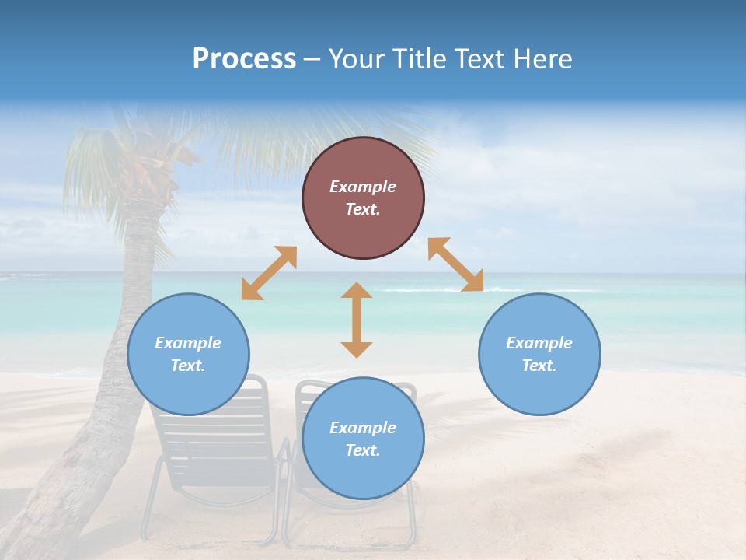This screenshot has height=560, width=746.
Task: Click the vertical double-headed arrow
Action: [357, 320]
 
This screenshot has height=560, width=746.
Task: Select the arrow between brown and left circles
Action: [269, 273]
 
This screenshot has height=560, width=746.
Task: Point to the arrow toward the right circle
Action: [455, 264]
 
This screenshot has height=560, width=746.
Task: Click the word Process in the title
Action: [244, 58]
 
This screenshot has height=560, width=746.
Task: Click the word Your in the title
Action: [356, 58]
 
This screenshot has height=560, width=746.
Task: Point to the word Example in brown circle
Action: [363, 187]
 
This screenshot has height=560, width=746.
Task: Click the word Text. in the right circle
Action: [539, 366]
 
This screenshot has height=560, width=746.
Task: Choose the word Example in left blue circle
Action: [188, 343]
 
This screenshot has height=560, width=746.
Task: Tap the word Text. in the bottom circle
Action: [363, 450]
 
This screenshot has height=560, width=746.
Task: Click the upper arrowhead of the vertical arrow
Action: [357, 290]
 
